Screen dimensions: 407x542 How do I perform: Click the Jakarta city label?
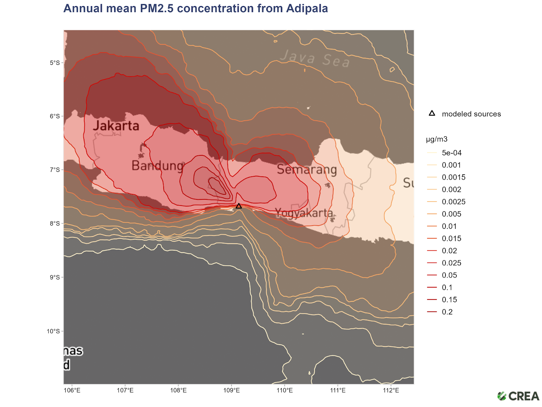116,126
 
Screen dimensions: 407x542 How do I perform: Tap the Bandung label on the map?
158,166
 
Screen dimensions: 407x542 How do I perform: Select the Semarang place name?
307,169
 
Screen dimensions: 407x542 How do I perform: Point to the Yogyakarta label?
304,213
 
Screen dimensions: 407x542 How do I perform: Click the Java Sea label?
315,59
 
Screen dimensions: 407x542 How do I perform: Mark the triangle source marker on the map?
239,206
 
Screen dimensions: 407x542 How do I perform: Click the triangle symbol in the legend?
432,113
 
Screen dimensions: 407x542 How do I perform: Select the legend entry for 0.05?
449,275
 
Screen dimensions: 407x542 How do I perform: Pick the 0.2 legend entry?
447,312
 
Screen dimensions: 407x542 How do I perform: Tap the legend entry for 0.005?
452,214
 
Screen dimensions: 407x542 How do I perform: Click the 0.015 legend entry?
452,238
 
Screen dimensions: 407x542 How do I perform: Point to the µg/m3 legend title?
437,139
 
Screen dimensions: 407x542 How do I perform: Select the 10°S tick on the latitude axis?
53,331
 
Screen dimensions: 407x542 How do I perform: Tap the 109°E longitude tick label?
231,390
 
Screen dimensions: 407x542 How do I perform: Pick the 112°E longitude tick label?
391,390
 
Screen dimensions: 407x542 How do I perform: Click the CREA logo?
518,396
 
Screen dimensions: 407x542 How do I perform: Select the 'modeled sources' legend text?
471,114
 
